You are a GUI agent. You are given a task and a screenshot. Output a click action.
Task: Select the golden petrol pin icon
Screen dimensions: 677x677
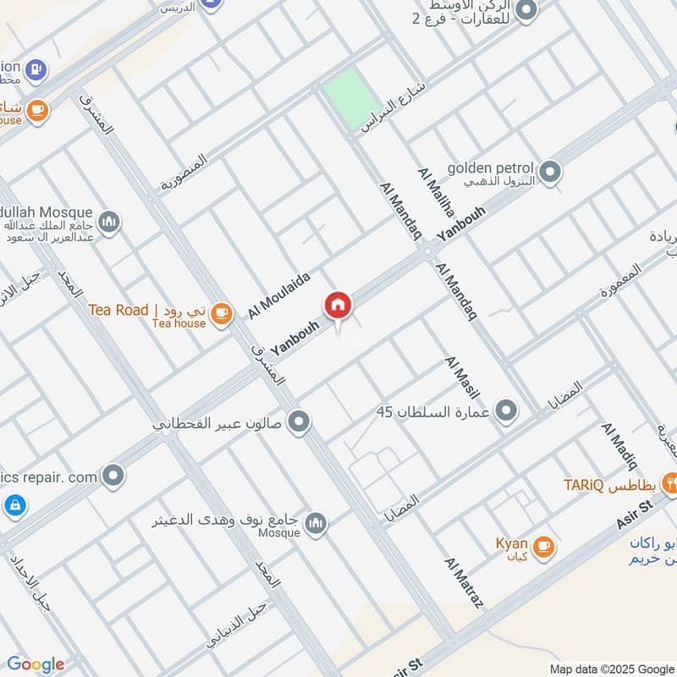pyautogui.click(x=551, y=173)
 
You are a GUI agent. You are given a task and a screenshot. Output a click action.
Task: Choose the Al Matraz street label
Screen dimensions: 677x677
pyautogui.click(x=463, y=584)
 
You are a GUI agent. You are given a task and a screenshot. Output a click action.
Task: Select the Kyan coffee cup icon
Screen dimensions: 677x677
pyautogui.click(x=544, y=548)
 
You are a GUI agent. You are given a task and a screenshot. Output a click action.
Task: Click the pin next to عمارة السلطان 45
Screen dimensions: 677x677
pyautogui.click(x=506, y=412)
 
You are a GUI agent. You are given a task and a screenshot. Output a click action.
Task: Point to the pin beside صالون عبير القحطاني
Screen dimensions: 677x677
pyautogui.click(x=298, y=421)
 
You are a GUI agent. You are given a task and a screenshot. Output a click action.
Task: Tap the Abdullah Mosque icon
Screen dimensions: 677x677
pyautogui.click(x=109, y=223)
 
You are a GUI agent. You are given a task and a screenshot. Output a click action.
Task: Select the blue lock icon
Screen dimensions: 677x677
pyautogui.click(x=14, y=506)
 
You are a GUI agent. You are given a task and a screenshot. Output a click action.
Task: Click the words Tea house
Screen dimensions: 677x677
pyautogui.click(x=179, y=323)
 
